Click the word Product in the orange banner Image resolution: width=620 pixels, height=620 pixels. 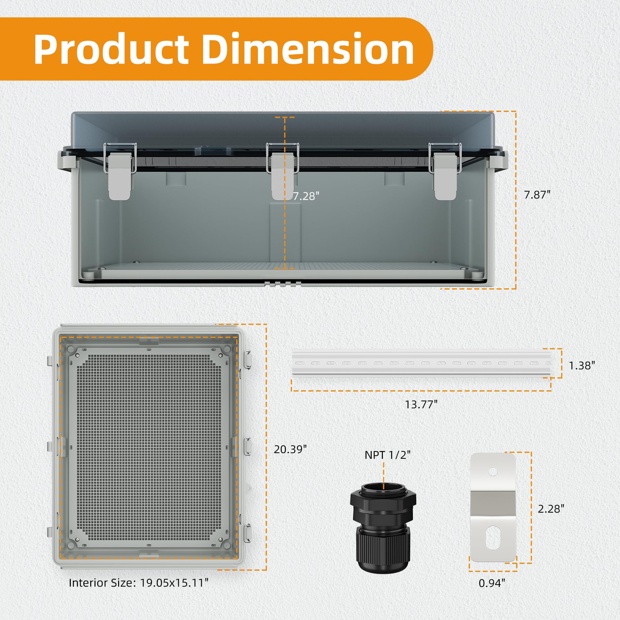point(111,49)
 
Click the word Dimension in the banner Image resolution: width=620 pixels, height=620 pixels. point(308,49)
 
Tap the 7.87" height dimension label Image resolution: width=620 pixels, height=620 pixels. point(537,195)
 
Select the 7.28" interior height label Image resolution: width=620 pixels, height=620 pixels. point(306,196)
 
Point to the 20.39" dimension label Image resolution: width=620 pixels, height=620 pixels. point(290,449)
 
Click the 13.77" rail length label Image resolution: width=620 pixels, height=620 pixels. point(421,404)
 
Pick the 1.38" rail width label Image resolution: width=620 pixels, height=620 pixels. point(582,365)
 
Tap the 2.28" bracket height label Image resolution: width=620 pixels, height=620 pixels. point(551,509)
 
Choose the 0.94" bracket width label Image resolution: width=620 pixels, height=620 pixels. point(492,583)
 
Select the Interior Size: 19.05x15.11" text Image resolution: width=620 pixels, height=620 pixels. point(139,583)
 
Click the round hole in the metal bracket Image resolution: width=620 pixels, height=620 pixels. point(493,472)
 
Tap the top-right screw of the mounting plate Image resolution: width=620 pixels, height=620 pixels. point(220,355)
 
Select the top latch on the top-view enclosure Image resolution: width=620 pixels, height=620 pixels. point(247,359)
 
